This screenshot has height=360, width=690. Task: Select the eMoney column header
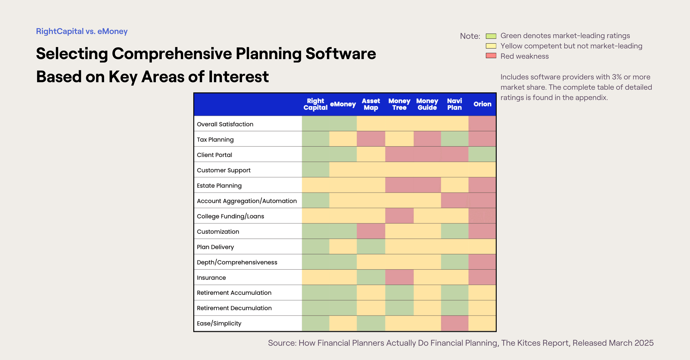tap(343, 104)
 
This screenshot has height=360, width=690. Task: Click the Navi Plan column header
tap(455, 104)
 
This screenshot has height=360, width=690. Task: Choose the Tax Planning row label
tap(215, 140)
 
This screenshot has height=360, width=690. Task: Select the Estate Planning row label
tap(219, 186)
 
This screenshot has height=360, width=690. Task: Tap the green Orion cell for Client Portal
tap(482, 154)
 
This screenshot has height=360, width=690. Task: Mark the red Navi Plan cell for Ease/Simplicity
tap(455, 323)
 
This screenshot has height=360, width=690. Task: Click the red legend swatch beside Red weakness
tap(491, 56)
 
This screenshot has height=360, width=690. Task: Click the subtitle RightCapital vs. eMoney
tap(82, 31)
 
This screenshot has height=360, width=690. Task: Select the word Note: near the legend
tap(470, 36)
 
